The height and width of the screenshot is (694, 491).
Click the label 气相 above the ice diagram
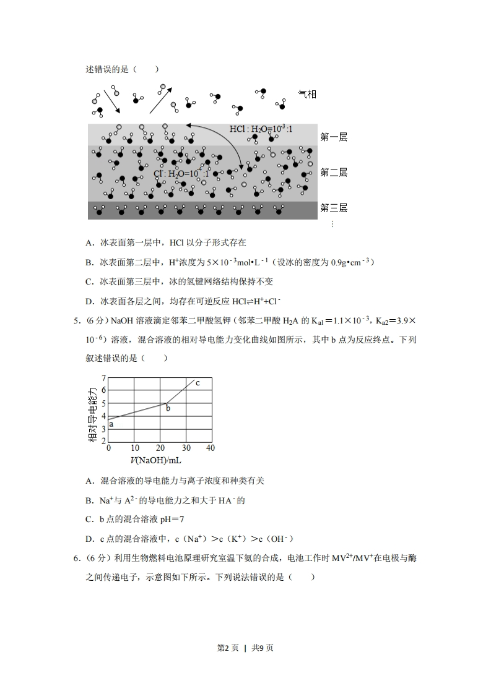[x=307, y=94]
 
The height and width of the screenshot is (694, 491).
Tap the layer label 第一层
[x=334, y=137]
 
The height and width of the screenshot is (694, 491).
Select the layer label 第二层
[x=334, y=173]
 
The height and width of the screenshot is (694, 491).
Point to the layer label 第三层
[x=334, y=208]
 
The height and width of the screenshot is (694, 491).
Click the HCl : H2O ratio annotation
[x=260, y=129]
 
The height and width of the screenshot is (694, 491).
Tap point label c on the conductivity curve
[x=198, y=383]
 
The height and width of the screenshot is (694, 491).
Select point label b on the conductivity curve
[x=168, y=408]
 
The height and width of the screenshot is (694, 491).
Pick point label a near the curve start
[x=111, y=424]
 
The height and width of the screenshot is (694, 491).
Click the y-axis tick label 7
[x=103, y=377]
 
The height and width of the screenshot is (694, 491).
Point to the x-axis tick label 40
[x=211, y=448]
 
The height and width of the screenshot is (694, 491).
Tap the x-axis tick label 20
[x=160, y=448]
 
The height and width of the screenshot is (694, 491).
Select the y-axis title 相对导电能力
[x=93, y=414]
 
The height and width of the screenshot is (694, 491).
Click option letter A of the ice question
[x=89, y=243]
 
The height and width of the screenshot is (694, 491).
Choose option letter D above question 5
[x=89, y=301]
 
